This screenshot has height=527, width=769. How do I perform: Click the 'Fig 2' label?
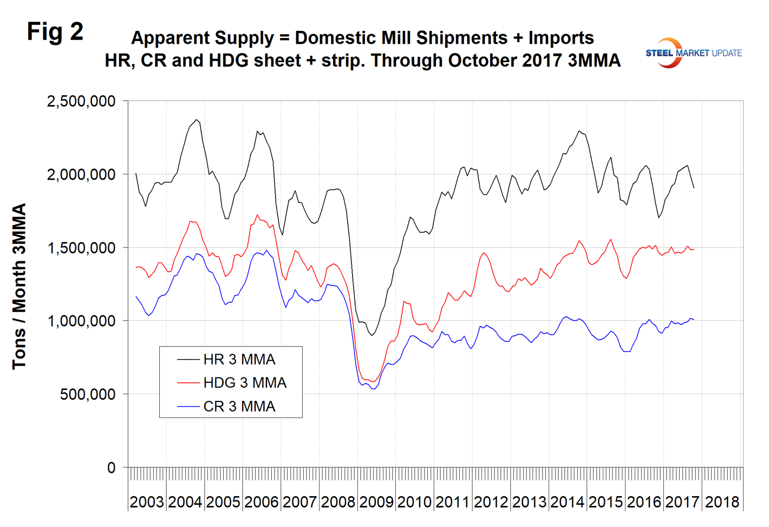point(55,32)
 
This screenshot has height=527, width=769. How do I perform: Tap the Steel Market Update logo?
point(693,53)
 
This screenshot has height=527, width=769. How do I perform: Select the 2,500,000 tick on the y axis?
point(81,101)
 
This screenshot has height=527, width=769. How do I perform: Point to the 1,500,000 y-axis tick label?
point(81,248)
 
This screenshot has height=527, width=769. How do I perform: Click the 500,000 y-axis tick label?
point(88,395)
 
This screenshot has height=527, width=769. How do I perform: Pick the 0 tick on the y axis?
point(111,468)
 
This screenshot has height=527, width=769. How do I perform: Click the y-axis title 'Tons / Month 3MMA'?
point(19,287)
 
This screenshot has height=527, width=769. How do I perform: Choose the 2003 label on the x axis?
point(147,502)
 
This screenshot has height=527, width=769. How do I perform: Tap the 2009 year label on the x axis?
point(376,502)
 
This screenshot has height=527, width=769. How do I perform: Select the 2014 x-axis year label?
point(567,502)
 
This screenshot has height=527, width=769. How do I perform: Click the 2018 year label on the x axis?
point(722,502)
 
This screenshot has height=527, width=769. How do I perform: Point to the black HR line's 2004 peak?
point(197,120)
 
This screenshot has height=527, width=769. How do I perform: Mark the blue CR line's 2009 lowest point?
point(373,389)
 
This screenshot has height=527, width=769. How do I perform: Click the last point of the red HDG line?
point(694,250)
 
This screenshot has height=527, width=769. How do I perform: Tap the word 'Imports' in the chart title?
point(561,38)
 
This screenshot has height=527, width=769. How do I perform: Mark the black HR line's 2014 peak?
point(579,131)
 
